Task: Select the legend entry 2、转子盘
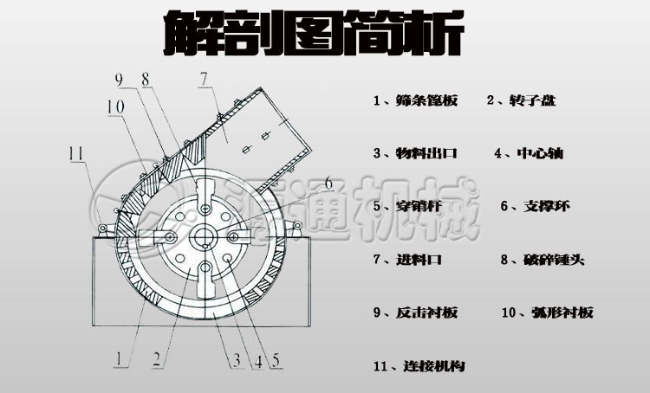coord(521,101)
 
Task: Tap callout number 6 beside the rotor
coord(328,184)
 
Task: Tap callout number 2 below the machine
coord(157,357)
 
